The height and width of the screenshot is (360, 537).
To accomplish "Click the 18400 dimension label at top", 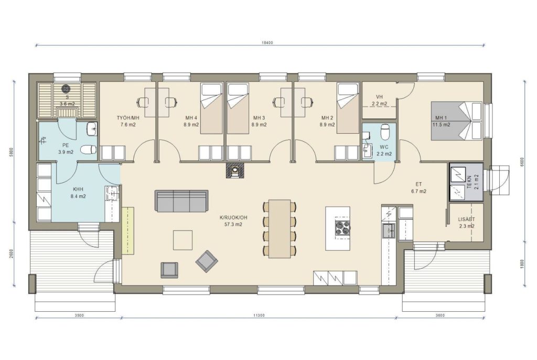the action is point(267,43).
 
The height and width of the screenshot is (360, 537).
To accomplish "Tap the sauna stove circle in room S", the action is point(66,89).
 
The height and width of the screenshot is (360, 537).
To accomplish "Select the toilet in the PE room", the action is point(88,150).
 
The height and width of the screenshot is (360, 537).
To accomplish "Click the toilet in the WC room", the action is point(385,132).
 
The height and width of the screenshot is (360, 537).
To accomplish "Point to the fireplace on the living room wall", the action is point(235,170).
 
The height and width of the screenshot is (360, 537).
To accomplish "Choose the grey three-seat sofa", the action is point(181,201).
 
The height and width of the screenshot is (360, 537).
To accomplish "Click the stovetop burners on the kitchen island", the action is point(342,227).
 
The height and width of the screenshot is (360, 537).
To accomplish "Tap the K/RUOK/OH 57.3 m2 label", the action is point(233,221).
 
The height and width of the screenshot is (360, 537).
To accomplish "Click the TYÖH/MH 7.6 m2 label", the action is point(128,121).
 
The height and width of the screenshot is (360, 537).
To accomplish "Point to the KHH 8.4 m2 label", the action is point(78,193).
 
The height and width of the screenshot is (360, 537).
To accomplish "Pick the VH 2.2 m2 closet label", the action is point(379,100).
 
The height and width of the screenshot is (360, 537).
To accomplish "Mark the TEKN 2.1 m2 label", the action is point(472,182).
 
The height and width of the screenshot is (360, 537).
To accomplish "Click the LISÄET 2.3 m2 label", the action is point(466,223).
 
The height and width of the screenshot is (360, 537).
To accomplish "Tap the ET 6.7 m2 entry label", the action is point(418,188).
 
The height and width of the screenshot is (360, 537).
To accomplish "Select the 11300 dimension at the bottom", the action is point(260,315).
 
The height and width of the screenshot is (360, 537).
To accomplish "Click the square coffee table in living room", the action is point(182,240).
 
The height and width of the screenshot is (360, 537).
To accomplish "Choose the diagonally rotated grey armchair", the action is point(207,261).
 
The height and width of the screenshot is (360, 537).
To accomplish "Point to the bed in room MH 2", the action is point(348,108).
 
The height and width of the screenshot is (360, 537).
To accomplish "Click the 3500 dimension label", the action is point(79,315).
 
